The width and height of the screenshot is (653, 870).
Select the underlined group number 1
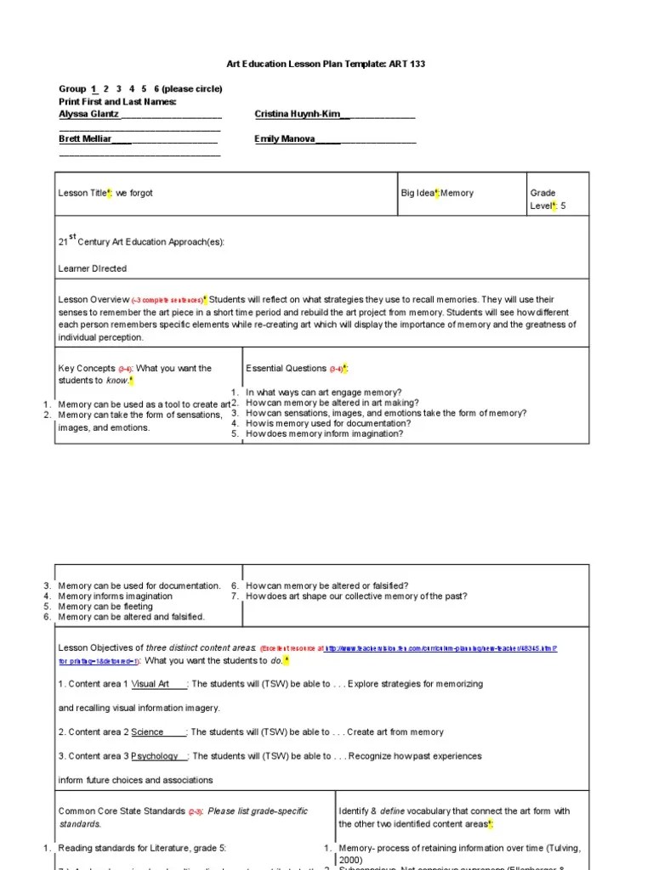click(x=93, y=89)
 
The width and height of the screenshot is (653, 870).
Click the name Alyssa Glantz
click(x=89, y=114)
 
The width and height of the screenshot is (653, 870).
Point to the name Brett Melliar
click(x=85, y=138)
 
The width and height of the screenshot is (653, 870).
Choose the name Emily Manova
click(x=285, y=138)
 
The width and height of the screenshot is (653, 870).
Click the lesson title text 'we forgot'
click(x=134, y=194)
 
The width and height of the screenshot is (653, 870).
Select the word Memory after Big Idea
click(x=457, y=194)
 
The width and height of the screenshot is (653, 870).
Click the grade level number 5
click(x=563, y=206)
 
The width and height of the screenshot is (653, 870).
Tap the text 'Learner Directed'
click(x=92, y=268)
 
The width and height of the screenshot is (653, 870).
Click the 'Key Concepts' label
click(x=85, y=369)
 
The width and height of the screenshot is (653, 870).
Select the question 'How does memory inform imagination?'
click(x=324, y=433)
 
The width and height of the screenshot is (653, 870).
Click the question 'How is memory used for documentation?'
click(x=328, y=423)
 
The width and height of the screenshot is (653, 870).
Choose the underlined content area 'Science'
click(x=148, y=732)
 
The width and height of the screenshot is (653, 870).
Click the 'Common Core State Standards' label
click(x=121, y=811)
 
